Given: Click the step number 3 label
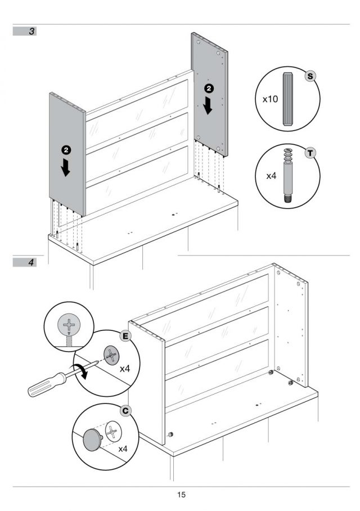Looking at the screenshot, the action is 31,32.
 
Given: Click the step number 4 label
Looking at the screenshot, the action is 31,262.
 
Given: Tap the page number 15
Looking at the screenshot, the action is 181,495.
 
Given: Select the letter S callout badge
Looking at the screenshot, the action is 310,77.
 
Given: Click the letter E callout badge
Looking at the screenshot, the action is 125,336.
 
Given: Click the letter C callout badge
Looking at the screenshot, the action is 125,411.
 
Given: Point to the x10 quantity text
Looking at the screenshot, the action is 270,99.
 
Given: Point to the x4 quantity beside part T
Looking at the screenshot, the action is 271,176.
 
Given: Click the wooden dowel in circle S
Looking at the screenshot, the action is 288,98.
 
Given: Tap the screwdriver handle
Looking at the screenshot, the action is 47,385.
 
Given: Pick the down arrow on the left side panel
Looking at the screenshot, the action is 66,167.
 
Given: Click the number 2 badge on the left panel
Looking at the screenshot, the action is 66,150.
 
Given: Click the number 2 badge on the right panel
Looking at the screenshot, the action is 209,88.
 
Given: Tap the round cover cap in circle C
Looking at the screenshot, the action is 92,440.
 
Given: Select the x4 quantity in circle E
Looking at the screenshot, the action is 125,369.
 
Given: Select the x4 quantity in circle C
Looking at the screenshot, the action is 123,449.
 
